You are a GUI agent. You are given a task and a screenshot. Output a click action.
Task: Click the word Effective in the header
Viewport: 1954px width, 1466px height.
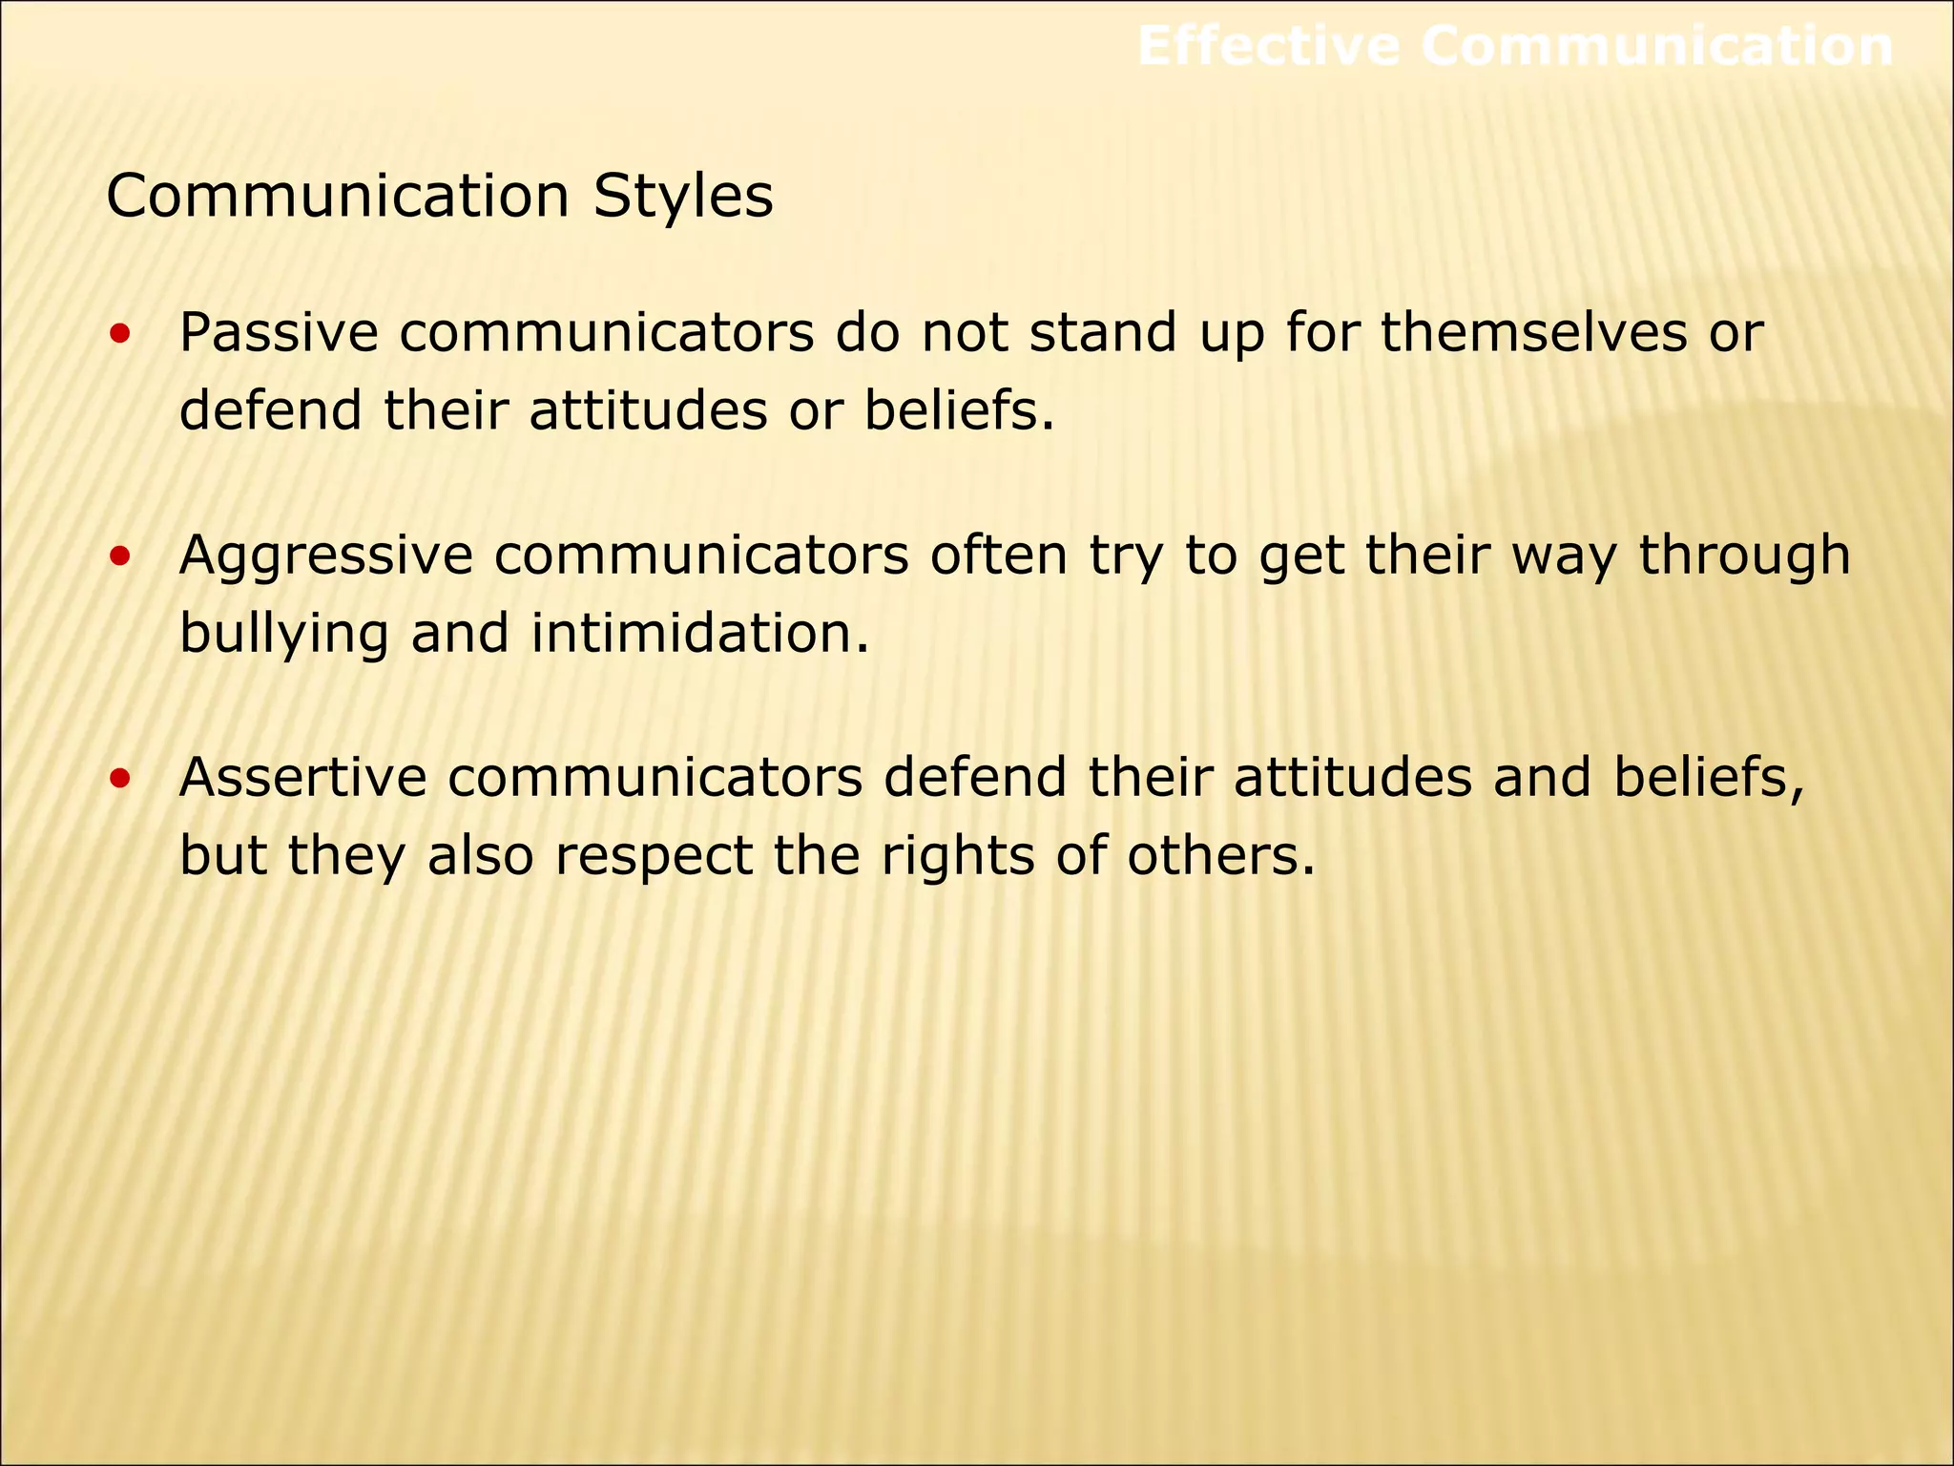[x=1268, y=46]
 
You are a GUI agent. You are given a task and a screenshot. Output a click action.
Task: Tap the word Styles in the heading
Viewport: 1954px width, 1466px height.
[x=682, y=197]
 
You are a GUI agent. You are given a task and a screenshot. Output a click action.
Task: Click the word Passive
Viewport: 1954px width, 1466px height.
[x=279, y=333]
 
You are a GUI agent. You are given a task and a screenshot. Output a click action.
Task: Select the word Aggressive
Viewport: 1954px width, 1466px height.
[x=325, y=556]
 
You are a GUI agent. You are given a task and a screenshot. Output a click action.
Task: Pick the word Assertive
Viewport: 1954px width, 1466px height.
[x=303, y=777]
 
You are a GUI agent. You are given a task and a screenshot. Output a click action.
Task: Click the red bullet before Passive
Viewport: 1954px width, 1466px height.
[x=120, y=335]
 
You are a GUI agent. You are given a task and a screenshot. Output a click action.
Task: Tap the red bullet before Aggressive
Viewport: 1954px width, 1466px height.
[x=120, y=558]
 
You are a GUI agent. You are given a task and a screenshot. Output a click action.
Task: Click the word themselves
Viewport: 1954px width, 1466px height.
[x=1533, y=333]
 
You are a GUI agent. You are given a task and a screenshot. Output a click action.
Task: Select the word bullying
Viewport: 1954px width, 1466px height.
[x=283, y=635]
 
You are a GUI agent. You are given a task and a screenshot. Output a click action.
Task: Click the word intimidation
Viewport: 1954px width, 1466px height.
[x=699, y=633]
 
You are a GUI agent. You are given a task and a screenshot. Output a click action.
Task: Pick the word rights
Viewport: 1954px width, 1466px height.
[x=957, y=856]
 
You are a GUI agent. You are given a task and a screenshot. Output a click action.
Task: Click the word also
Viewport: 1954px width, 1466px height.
[x=479, y=854]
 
